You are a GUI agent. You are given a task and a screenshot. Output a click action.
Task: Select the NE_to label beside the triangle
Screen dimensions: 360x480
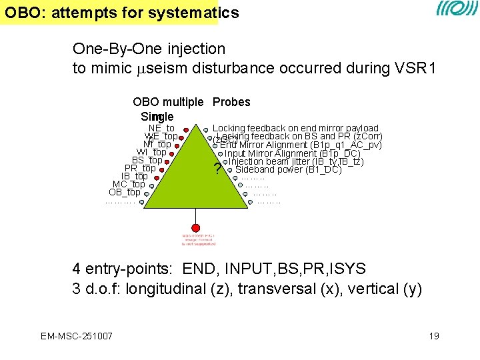(x=161, y=128)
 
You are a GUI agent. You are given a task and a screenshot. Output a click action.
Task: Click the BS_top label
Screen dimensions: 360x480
(x=147, y=160)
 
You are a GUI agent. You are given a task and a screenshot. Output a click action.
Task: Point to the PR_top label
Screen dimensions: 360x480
(x=140, y=168)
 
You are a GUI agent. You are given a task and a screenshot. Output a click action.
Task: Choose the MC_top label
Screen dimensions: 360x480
(x=129, y=184)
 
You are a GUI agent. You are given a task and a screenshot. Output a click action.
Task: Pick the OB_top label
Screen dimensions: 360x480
(x=124, y=192)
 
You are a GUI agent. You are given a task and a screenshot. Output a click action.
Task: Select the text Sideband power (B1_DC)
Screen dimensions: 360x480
(x=289, y=169)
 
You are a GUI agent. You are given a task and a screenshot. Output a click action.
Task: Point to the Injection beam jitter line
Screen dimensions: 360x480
(x=296, y=161)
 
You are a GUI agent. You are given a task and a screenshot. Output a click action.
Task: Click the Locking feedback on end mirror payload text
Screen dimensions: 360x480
(x=295, y=128)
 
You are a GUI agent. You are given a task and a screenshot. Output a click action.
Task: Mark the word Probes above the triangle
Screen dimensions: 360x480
(x=231, y=102)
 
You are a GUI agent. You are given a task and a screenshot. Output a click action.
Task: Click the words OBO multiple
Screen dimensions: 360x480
(x=168, y=102)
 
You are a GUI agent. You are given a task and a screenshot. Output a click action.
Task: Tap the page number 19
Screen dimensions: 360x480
(x=434, y=336)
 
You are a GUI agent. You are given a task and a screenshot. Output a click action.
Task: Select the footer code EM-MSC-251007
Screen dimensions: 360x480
(x=75, y=335)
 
